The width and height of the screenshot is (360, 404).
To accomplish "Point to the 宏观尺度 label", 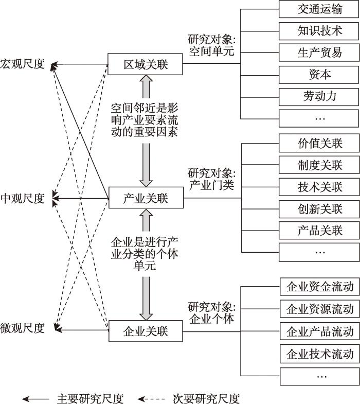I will (23, 65).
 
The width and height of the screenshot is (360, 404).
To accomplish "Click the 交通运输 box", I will (319, 9).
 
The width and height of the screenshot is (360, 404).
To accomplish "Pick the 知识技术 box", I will (319, 30).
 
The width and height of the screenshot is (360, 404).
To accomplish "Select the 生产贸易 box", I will (319, 52).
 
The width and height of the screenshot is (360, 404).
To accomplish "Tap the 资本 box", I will (319, 75).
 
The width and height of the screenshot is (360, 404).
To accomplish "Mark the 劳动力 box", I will (319, 96).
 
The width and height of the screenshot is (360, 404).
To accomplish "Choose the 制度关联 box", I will (319, 165).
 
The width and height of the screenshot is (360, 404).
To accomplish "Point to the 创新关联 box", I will (319, 208).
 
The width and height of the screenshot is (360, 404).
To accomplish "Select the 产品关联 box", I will (319, 230).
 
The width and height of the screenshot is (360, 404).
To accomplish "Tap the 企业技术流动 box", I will (319, 354).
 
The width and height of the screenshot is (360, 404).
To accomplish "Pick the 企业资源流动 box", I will (319, 309).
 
